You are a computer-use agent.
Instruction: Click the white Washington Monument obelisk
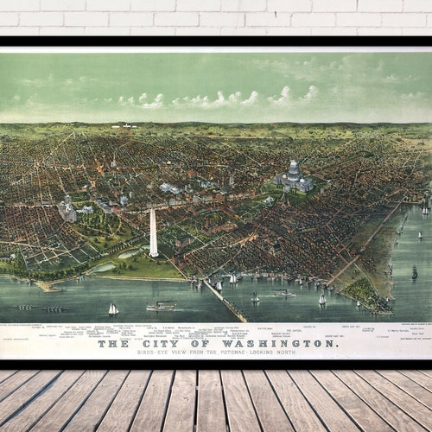(153, 233)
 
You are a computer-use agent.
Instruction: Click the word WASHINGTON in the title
(276, 343)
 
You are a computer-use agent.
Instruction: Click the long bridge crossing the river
(226, 302)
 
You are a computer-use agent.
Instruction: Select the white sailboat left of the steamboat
(113, 308)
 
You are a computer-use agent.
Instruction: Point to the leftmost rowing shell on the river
(26, 307)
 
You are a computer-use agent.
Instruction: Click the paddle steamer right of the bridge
(283, 294)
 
